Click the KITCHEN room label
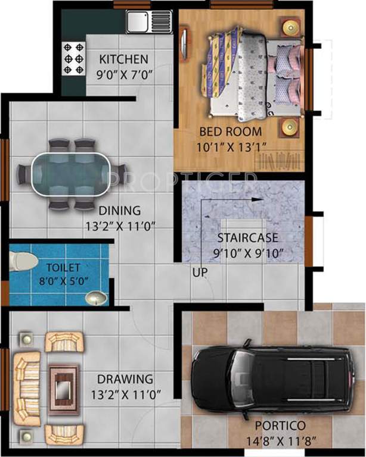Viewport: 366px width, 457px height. (x=123, y=60)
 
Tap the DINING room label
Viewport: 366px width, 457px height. (x=119, y=210)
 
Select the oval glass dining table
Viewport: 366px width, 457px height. (x=72, y=175)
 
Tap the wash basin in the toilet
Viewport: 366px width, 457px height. (x=94, y=297)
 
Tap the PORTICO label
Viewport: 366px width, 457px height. (x=280, y=426)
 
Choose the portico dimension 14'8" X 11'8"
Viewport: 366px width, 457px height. (x=280, y=441)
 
